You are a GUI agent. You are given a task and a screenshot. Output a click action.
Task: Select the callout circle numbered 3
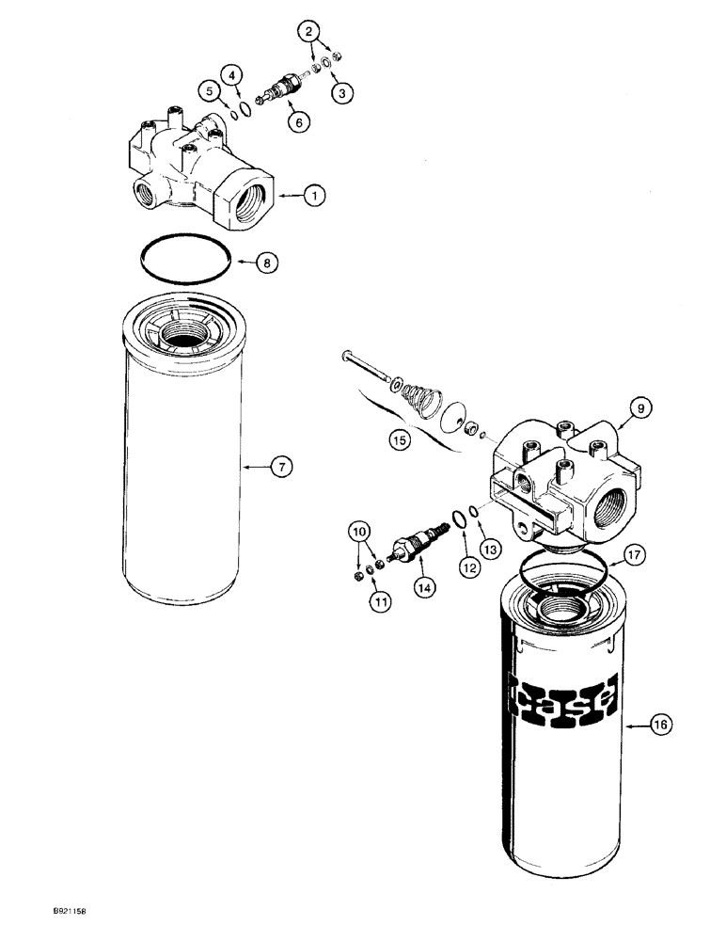[x=344, y=91]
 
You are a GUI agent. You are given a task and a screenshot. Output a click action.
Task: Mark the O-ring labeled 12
[x=457, y=519]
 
